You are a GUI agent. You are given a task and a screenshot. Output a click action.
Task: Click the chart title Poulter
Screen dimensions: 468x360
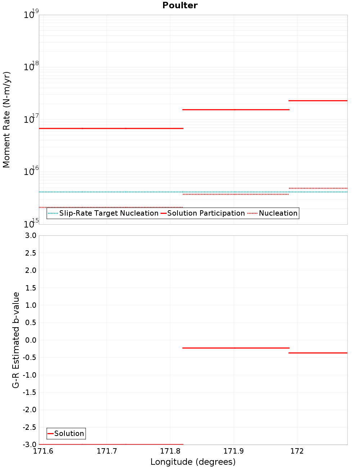pyautogui.click(x=180, y=5)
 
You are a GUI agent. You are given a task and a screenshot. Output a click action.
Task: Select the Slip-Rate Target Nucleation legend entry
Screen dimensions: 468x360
pyautogui.click(x=104, y=213)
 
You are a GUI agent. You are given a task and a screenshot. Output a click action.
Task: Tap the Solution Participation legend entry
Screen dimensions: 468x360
pyautogui.click(x=203, y=213)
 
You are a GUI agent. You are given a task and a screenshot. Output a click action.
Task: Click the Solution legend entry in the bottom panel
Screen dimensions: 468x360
pyautogui.click(x=66, y=433)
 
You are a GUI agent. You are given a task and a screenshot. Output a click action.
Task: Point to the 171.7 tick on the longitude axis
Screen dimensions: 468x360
pyautogui.click(x=107, y=451)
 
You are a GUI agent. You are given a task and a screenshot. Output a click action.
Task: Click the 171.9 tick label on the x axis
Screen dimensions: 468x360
pyautogui.click(x=234, y=451)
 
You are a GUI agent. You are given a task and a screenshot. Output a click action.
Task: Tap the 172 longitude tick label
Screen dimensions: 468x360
pyautogui.click(x=297, y=451)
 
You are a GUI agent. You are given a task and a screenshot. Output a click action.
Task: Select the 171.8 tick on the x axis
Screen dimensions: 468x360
pyautogui.click(x=170, y=451)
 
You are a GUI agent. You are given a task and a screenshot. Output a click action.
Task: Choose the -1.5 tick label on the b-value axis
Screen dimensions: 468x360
pyautogui.click(x=28, y=392)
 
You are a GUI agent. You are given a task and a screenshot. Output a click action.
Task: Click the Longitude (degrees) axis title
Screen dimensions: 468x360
pyautogui.click(x=193, y=462)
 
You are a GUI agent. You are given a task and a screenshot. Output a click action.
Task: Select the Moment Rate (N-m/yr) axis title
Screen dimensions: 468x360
pyautogui.click(x=6, y=120)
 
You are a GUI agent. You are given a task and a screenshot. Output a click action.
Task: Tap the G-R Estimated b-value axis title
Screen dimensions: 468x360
pyautogui.click(x=16, y=340)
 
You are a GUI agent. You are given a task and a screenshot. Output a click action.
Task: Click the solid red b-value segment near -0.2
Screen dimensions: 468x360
pyautogui.click(x=236, y=348)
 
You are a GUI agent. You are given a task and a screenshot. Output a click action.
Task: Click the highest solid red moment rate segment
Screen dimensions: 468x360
pyautogui.click(x=318, y=100)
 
